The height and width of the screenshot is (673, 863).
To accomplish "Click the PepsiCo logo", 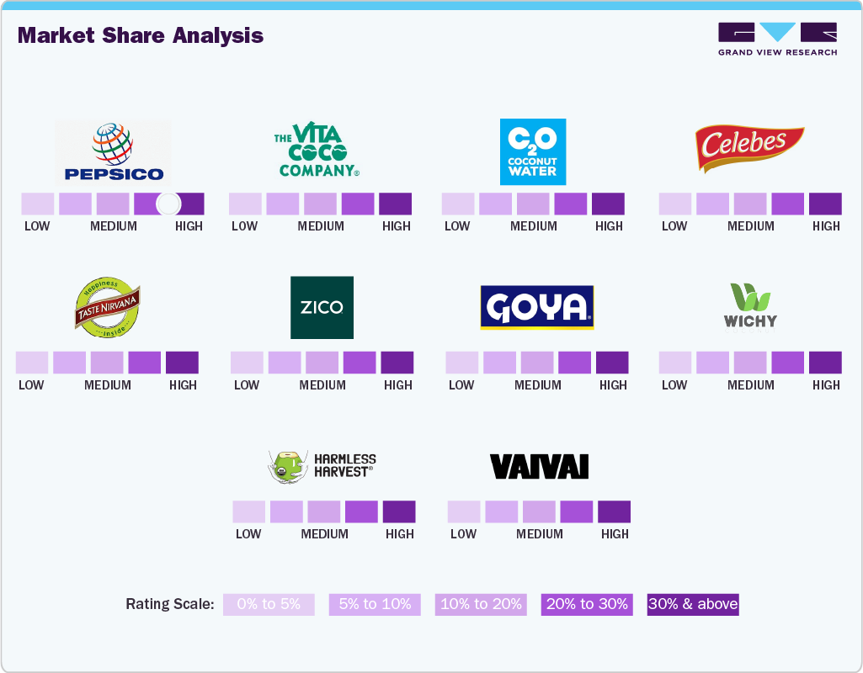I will click(x=113, y=153).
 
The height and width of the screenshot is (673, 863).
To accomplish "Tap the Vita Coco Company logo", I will click(x=317, y=151).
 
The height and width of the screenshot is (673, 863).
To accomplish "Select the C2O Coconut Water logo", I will click(x=532, y=151).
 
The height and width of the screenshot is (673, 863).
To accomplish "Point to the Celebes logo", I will click(x=748, y=149).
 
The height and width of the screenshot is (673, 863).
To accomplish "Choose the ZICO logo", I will click(x=322, y=307).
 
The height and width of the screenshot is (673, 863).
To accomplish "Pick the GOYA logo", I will click(x=536, y=307).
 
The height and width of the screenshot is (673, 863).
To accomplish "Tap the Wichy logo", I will click(x=750, y=308).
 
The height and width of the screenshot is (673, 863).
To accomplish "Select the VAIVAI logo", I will click(x=539, y=466).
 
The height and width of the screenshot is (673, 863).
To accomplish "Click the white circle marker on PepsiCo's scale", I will click(x=168, y=204).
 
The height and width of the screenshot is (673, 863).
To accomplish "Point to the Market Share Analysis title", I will click(x=141, y=35).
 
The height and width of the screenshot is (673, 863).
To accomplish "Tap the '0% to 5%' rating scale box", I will click(x=269, y=604).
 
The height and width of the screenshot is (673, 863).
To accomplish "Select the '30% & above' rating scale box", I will click(x=692, y=604).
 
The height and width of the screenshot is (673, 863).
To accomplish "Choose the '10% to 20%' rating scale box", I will click(x=481, y=604).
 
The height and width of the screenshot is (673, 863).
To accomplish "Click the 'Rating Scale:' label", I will click(x=170, y=604).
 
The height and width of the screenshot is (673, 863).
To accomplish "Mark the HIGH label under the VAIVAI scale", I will click(x=615, y=533).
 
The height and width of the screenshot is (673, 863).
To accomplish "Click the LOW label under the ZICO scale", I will click(x=247, y=384).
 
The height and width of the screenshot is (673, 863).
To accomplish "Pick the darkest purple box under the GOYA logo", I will click(x=612, y=363).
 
